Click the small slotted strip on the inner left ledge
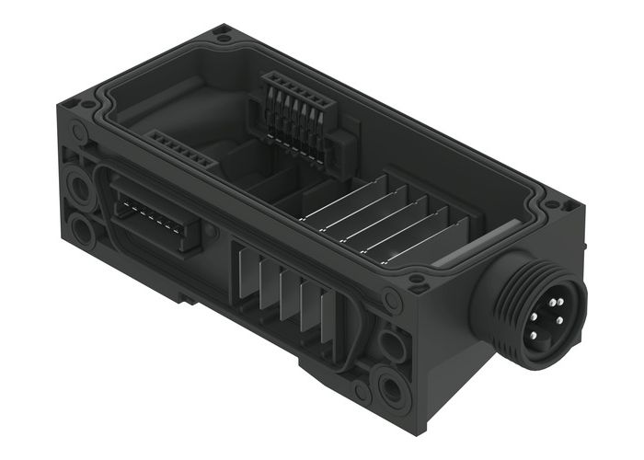pos(181,150)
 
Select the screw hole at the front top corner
pos(417,279)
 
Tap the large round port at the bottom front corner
pos(392,385)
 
